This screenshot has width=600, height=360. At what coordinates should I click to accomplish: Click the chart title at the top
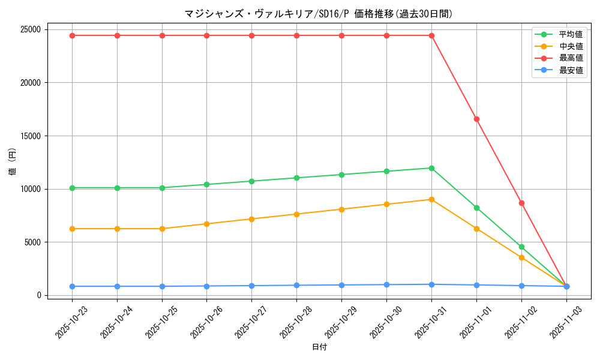pos(319,14)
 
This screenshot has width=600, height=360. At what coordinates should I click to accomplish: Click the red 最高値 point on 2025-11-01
pos(476,119)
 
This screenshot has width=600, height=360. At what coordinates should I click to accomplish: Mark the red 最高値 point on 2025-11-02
pos(521,203)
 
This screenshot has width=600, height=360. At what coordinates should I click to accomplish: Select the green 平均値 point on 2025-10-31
pos(431,168)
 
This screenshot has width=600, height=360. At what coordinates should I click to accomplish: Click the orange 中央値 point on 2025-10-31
pos(431,199)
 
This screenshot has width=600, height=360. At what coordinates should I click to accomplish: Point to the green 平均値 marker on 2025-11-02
pos(521,247)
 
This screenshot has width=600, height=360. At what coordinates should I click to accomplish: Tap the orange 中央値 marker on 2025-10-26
pos(207,224)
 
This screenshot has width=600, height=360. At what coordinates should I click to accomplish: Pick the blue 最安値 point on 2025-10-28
pos(296,285)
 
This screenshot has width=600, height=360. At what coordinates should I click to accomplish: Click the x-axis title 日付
pos(319,347)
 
